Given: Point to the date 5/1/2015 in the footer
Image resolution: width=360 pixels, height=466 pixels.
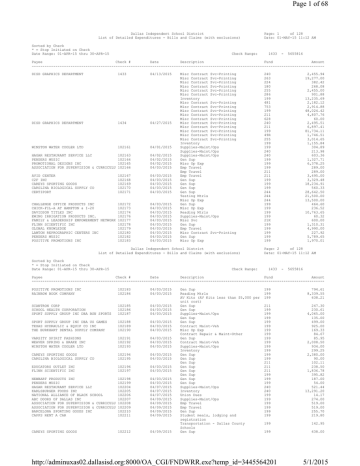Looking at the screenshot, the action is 335,457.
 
